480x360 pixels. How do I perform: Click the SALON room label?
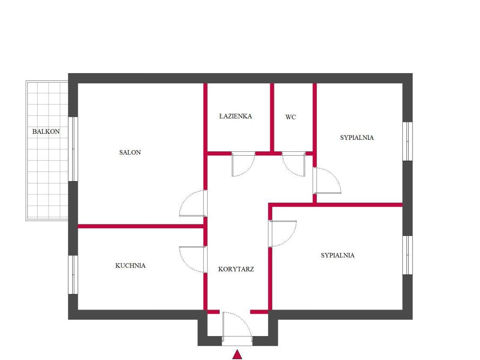coord(130,153)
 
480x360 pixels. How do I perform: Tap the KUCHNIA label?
coord(130,266)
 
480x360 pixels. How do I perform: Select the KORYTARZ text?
coord(236,269)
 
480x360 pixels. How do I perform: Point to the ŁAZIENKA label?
coord(236,116)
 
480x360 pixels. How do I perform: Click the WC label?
coord(291,117)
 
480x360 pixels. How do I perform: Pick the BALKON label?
coord(46,132)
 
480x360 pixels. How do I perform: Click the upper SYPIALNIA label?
coord(357,138)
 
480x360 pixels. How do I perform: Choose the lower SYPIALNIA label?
coord(338,255)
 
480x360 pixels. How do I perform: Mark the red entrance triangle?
coord(237,354)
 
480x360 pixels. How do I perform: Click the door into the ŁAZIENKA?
coord(243,164)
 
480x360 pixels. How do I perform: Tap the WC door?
coord(294,164)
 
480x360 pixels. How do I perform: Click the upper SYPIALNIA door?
coord(327,180)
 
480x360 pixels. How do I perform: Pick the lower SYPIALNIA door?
coord(283,233)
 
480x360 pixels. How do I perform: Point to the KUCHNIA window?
coord(73,275)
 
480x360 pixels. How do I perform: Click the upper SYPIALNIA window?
coord(407,142)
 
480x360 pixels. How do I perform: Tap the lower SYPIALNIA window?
coord(407,255)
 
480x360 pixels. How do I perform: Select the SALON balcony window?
coord(73,149)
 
